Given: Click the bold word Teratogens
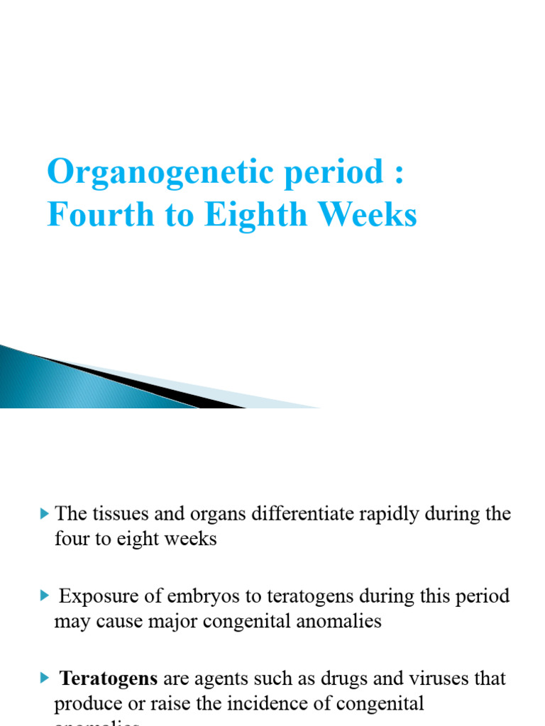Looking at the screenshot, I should click(x=109, y=678).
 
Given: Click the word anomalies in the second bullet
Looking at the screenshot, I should click(x=341, y=622).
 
